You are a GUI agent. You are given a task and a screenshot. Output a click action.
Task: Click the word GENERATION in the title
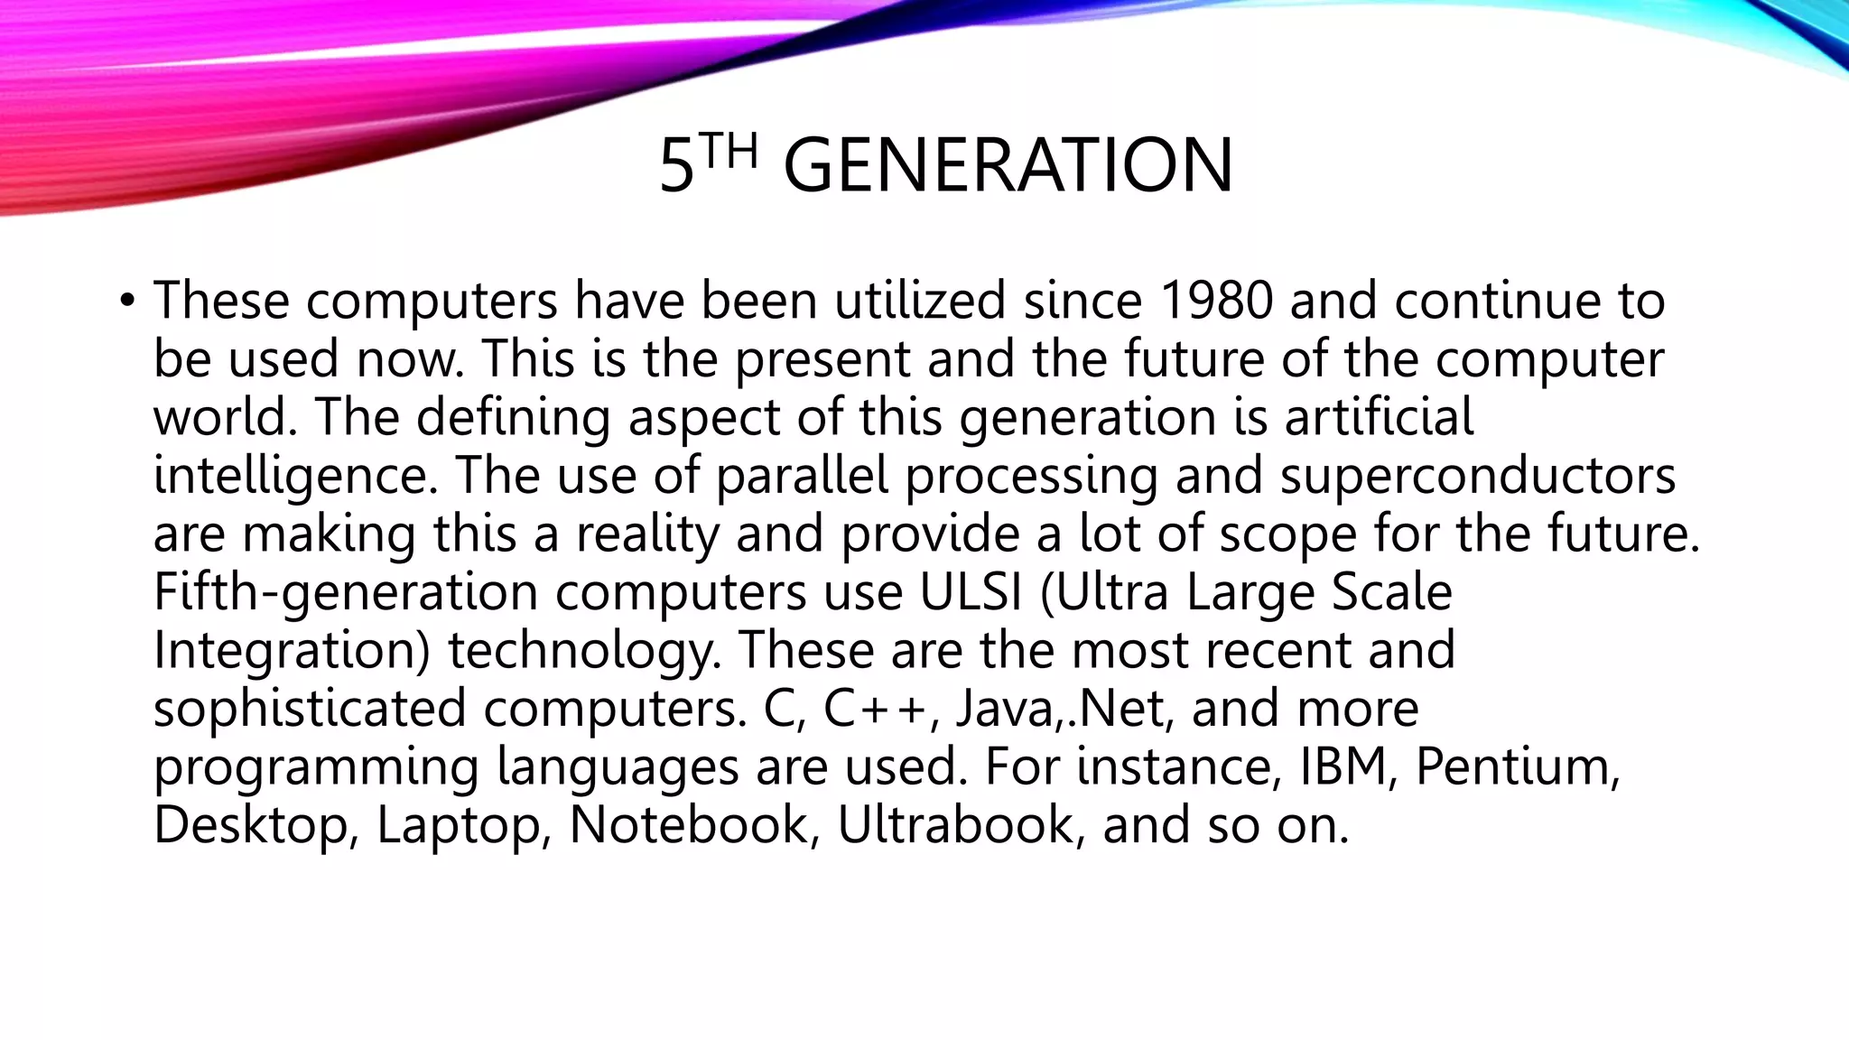tap(1008, 166)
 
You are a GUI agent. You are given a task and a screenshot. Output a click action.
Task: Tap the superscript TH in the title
tap(729, 152)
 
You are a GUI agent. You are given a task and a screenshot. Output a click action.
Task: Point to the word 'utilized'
tap(919, 300)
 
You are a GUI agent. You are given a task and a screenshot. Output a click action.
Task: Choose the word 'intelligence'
tap(296, 476)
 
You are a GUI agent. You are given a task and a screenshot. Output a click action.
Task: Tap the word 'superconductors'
tap(1477, 476)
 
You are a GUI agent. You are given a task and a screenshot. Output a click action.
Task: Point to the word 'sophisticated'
tap(310, 709)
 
